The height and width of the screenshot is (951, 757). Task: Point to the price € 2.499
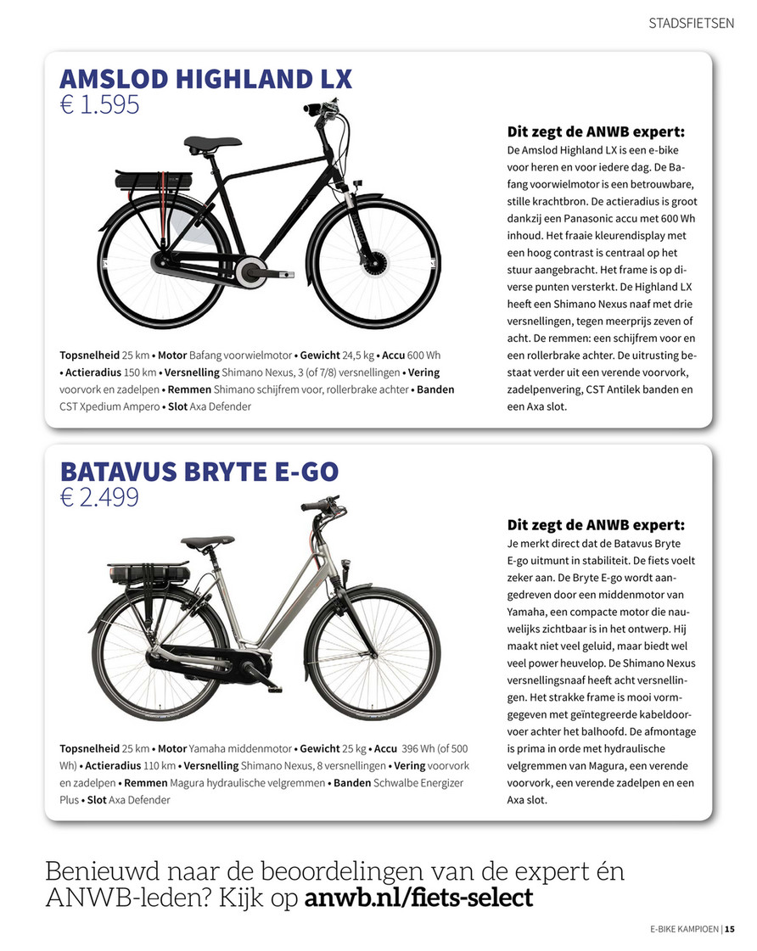99,497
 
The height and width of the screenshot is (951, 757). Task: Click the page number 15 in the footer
730,928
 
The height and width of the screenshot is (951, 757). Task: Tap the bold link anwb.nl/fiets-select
418,897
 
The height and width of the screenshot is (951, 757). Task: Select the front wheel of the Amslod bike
375,262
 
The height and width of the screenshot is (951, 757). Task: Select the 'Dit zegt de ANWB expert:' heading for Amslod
596,131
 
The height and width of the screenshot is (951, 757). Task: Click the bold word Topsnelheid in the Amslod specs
89,354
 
